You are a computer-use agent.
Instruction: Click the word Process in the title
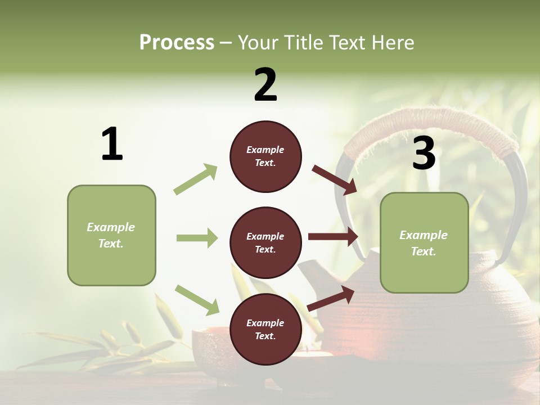coord(177,43)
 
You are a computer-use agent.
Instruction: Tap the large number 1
coord(112,145)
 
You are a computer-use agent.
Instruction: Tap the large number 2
coord(265,85)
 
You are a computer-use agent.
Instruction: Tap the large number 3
coord(424,154)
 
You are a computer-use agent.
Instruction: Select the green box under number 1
coord(111,235)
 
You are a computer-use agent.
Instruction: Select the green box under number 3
coord(424,243)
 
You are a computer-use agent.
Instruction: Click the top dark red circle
coord(265,156)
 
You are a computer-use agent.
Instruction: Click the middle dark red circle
coord(265,243)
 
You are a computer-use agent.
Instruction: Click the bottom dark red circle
coord(265,330)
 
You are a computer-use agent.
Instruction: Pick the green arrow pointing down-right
coord(197,300)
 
